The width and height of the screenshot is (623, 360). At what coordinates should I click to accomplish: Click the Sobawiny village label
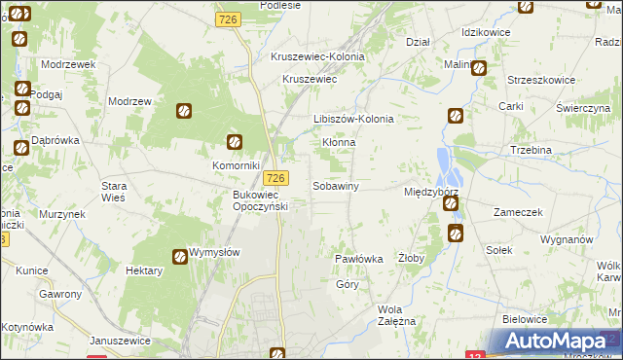pyautogui.click(x=336, y=185)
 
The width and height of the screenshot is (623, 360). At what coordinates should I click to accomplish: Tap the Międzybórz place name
pyautogui.click(x=430, y=193)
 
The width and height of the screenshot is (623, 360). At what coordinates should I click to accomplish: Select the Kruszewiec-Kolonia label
pyautogui.click(x=317, y=56)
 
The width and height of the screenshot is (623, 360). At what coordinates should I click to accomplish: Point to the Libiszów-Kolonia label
pyautogui.click(x=352, y=119)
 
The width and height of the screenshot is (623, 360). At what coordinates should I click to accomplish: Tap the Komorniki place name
pyautogui.click(x=235, y=165)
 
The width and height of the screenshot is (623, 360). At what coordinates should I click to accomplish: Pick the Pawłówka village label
pyautogui.click(x=358, y=260)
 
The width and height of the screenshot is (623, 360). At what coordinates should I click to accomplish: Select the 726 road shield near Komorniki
pyautogui.click(x=276, y=177)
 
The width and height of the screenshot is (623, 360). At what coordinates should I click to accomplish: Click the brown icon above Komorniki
pyautogui.click(x=233, y=142)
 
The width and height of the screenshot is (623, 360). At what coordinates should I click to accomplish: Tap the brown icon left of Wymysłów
pyautogui.click(x=180, y=257)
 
